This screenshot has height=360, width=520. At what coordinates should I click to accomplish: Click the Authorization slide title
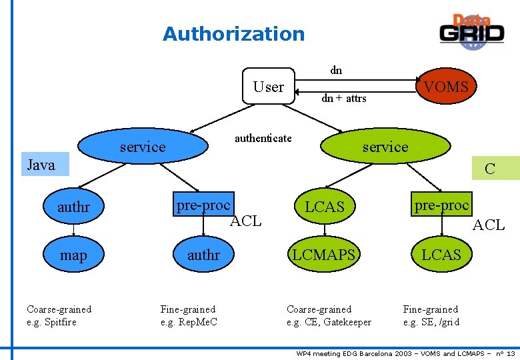(x=233, y=33)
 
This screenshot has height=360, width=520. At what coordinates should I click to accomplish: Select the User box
(x=268, y=87)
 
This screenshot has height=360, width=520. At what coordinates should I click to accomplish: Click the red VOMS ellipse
(x=445, y=87)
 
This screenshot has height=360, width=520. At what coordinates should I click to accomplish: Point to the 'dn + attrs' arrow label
(x=343, y=99)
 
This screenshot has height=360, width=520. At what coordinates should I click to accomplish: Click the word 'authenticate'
(x=263, y=138)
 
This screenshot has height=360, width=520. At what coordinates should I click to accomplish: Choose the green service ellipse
(x=385, y=147)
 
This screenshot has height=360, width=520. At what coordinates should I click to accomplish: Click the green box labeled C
(x=493, y=169)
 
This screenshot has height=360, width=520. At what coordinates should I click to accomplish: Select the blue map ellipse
(x=73, y=255)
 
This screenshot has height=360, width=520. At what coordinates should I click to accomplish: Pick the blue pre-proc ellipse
(x=203, y=205)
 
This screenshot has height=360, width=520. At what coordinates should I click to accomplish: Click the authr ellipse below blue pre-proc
(x=203, y=255)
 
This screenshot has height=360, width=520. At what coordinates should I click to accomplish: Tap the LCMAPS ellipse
(x=324, y=255)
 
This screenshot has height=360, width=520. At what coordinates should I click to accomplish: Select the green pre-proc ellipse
(x=441, y=205)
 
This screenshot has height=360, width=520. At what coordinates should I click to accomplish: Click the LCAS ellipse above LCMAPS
(x=324, y=207)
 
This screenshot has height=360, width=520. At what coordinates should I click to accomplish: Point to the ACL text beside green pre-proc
(x=488, y=225)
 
